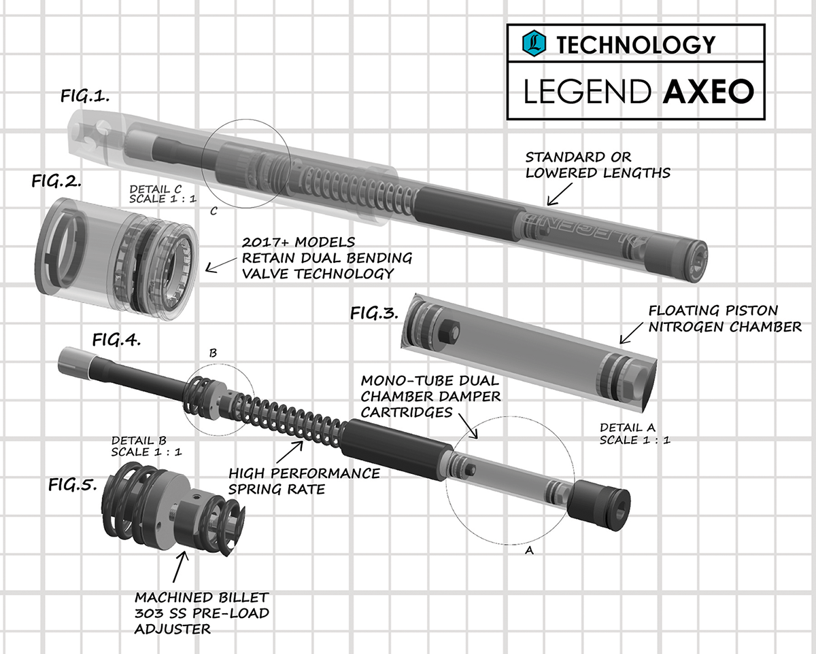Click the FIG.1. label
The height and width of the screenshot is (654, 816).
click(x=85, y=97)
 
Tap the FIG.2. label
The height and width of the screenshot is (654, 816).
click(x=57, y=181)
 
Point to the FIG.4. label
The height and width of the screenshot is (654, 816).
click(x=116, y=340)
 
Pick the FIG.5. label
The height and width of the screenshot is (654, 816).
click(x=73, y=485)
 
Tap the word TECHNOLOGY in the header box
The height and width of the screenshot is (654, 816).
click(x=636, y=45)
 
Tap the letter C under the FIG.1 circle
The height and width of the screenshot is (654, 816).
click(x=214, y=211)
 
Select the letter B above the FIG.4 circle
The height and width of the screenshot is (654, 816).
click(x=213, y=353)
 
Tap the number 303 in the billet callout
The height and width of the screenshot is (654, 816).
click(x=148, y=613)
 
